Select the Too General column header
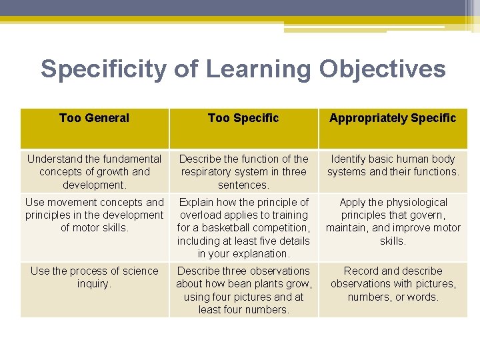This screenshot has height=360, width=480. [x=94, y=118]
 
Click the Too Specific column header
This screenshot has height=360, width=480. [x=243, y=118]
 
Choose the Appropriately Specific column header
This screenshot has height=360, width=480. [x=393, y=118]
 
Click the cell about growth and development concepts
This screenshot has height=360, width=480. [x=94, y=171]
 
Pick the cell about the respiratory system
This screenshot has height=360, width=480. [x=243, y=171]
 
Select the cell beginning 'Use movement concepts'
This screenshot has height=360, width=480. [x=94, y=215]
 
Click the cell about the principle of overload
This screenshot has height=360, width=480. [x=243, y=227]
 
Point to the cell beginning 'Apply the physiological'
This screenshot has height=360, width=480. [x=393, y=221]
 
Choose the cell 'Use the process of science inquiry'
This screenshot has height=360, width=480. [x=94, y=277]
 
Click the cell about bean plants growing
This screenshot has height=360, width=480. [x=243, y=290]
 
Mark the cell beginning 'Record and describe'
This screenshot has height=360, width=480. [x=393, y=283]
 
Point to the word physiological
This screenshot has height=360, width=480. [x=417, y=202]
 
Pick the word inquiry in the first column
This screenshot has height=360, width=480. [x=94, y=284]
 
